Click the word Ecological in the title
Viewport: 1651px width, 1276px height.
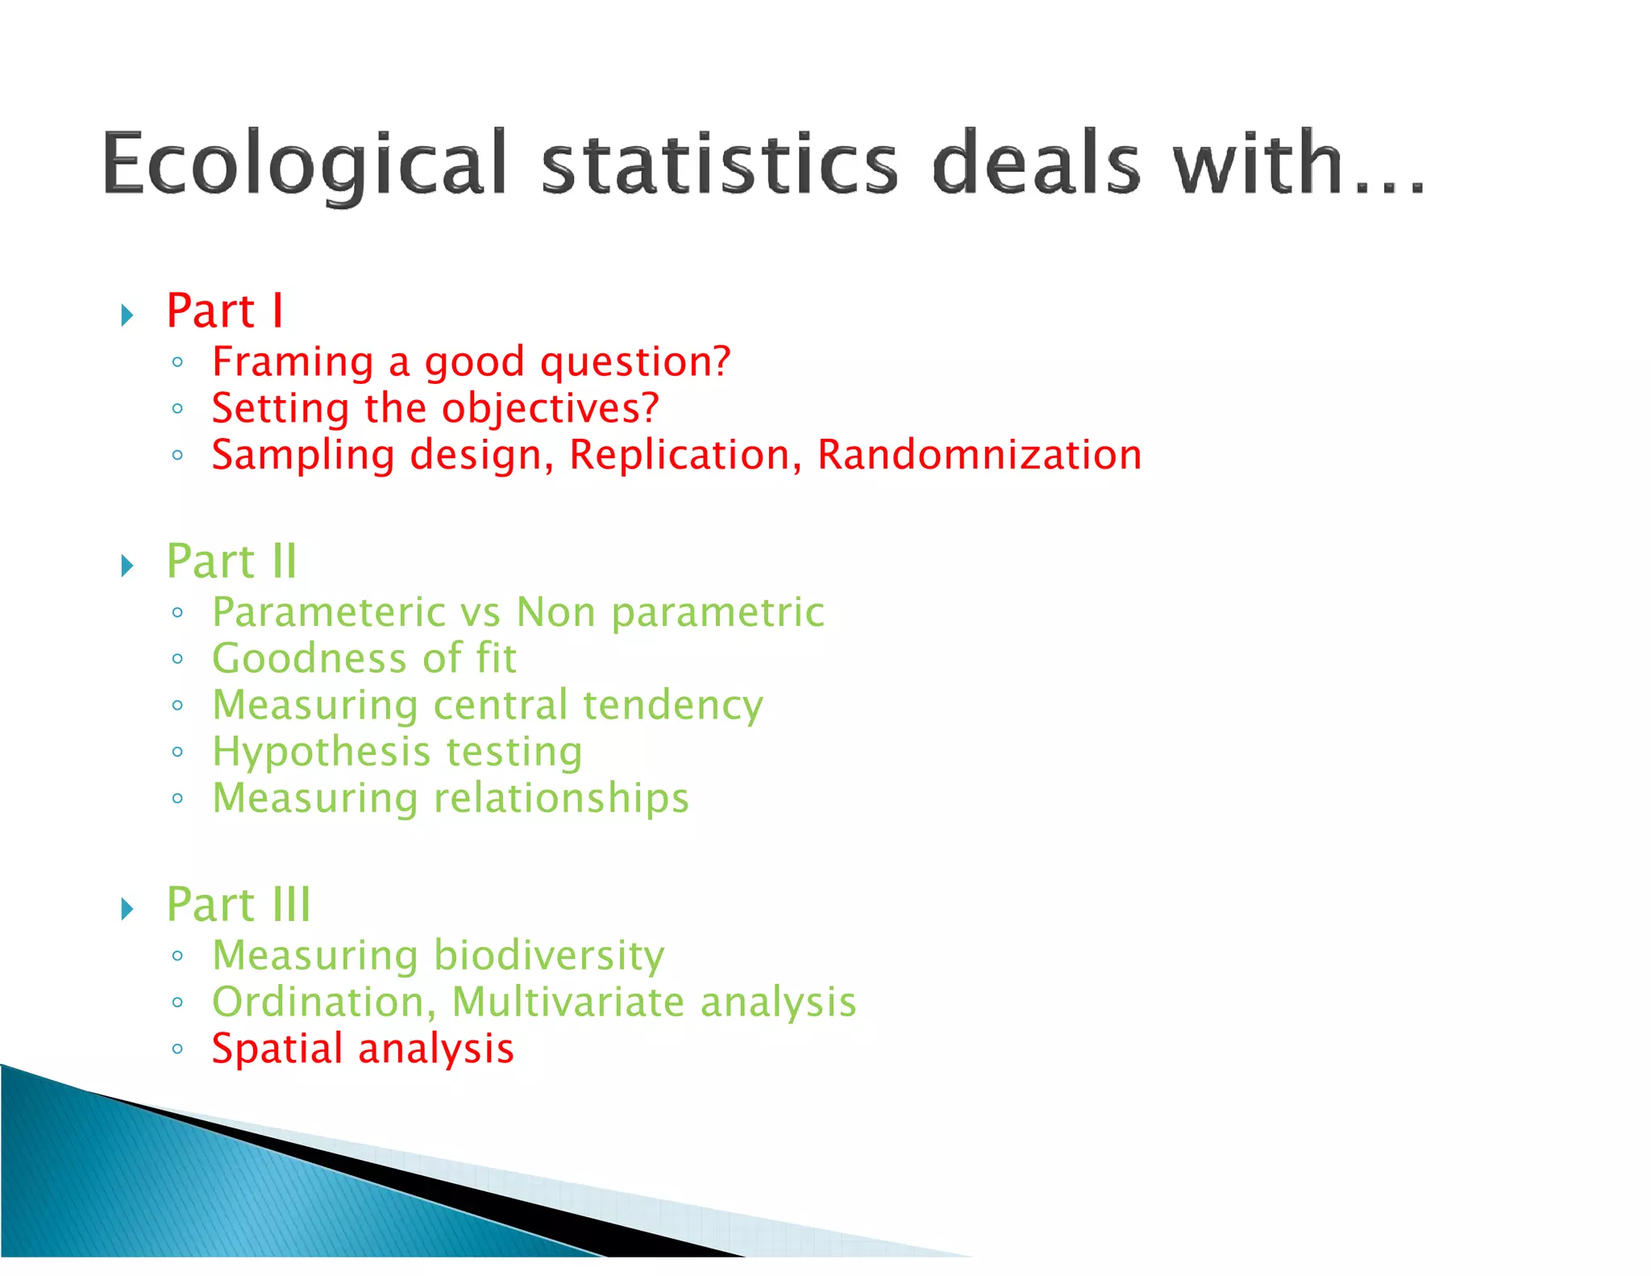(305, 164)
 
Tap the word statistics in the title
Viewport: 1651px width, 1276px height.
(719, 164)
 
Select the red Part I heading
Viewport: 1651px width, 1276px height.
(225, 311)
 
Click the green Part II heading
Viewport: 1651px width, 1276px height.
(231, 561)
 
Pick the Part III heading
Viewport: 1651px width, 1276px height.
(238, 904)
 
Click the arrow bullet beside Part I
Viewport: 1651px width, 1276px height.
(127, 315)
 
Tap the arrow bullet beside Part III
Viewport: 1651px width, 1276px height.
(127, 909)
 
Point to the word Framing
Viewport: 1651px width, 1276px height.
(293, 361)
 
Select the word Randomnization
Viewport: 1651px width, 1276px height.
(979, 455)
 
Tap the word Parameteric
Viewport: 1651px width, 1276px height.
(328, 612)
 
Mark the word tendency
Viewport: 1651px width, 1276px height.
(672, 706)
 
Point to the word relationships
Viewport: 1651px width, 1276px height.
(561, 799)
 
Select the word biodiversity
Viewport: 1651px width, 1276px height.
(549, 956)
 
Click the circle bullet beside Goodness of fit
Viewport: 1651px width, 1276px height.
(177, 659)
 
